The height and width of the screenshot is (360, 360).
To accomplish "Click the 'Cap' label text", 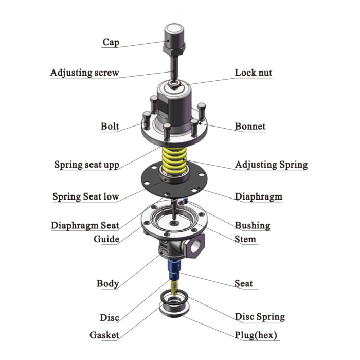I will [x=111, y=42].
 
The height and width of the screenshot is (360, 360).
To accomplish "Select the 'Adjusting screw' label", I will [x=84, y=73].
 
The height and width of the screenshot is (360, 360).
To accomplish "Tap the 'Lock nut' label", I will [x=254, y=73].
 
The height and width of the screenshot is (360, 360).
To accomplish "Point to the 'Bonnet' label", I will [x=250, y=126].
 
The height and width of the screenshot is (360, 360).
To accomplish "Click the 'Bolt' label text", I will [x=110, y=126].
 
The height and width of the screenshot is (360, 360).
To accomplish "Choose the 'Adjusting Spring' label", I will [x=271, y=165].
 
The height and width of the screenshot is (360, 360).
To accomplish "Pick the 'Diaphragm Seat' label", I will [x=85, y=225].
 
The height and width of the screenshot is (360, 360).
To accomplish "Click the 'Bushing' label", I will [x=252, y=225].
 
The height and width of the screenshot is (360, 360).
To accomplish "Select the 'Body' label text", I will [x=107, y=283].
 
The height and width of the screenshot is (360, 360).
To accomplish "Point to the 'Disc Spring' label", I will [x=260, y=317].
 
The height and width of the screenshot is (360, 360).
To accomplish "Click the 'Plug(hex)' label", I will [x=256, y=335].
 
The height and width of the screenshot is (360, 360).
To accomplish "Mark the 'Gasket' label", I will [x=104, y=335].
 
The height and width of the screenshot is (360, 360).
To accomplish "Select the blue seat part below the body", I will [x=172, y=267].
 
